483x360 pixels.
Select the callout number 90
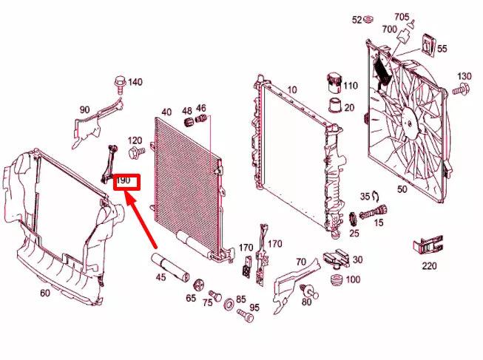(x=85, y=110)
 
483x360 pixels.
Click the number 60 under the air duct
(x=45, y=293)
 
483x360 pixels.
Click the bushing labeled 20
(x=334, y=106)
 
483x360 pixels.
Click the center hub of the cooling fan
(x=409, y=117)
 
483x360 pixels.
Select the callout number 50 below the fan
(x=402, y=189)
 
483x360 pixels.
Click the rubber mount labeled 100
(x=335, y=281)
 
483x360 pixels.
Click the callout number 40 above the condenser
(x=166, y=112)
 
